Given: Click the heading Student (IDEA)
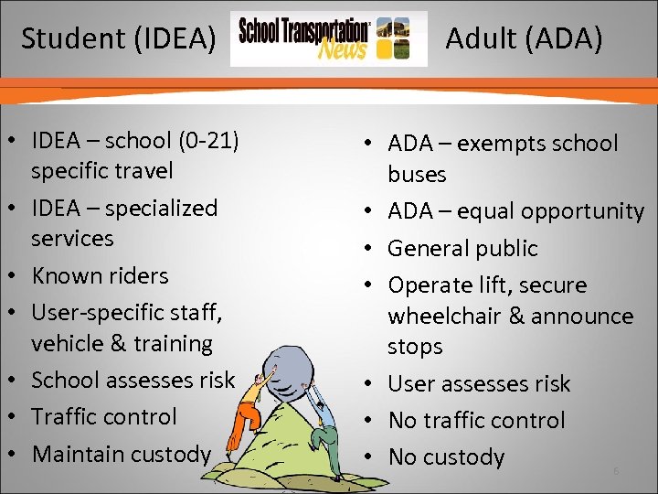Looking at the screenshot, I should [119, 38].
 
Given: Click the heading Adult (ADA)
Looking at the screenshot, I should [524, 39].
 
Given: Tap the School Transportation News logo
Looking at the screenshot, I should [328, 38].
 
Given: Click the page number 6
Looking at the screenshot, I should [616, 470].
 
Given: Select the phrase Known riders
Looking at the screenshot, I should [100, 275].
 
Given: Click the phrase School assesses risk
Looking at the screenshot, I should [133, 380].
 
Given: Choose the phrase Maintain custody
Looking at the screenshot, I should [121, 453].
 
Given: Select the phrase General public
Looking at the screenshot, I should [462, 248].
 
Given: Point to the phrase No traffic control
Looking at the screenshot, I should [476, 420].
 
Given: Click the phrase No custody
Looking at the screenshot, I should [446, 456].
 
